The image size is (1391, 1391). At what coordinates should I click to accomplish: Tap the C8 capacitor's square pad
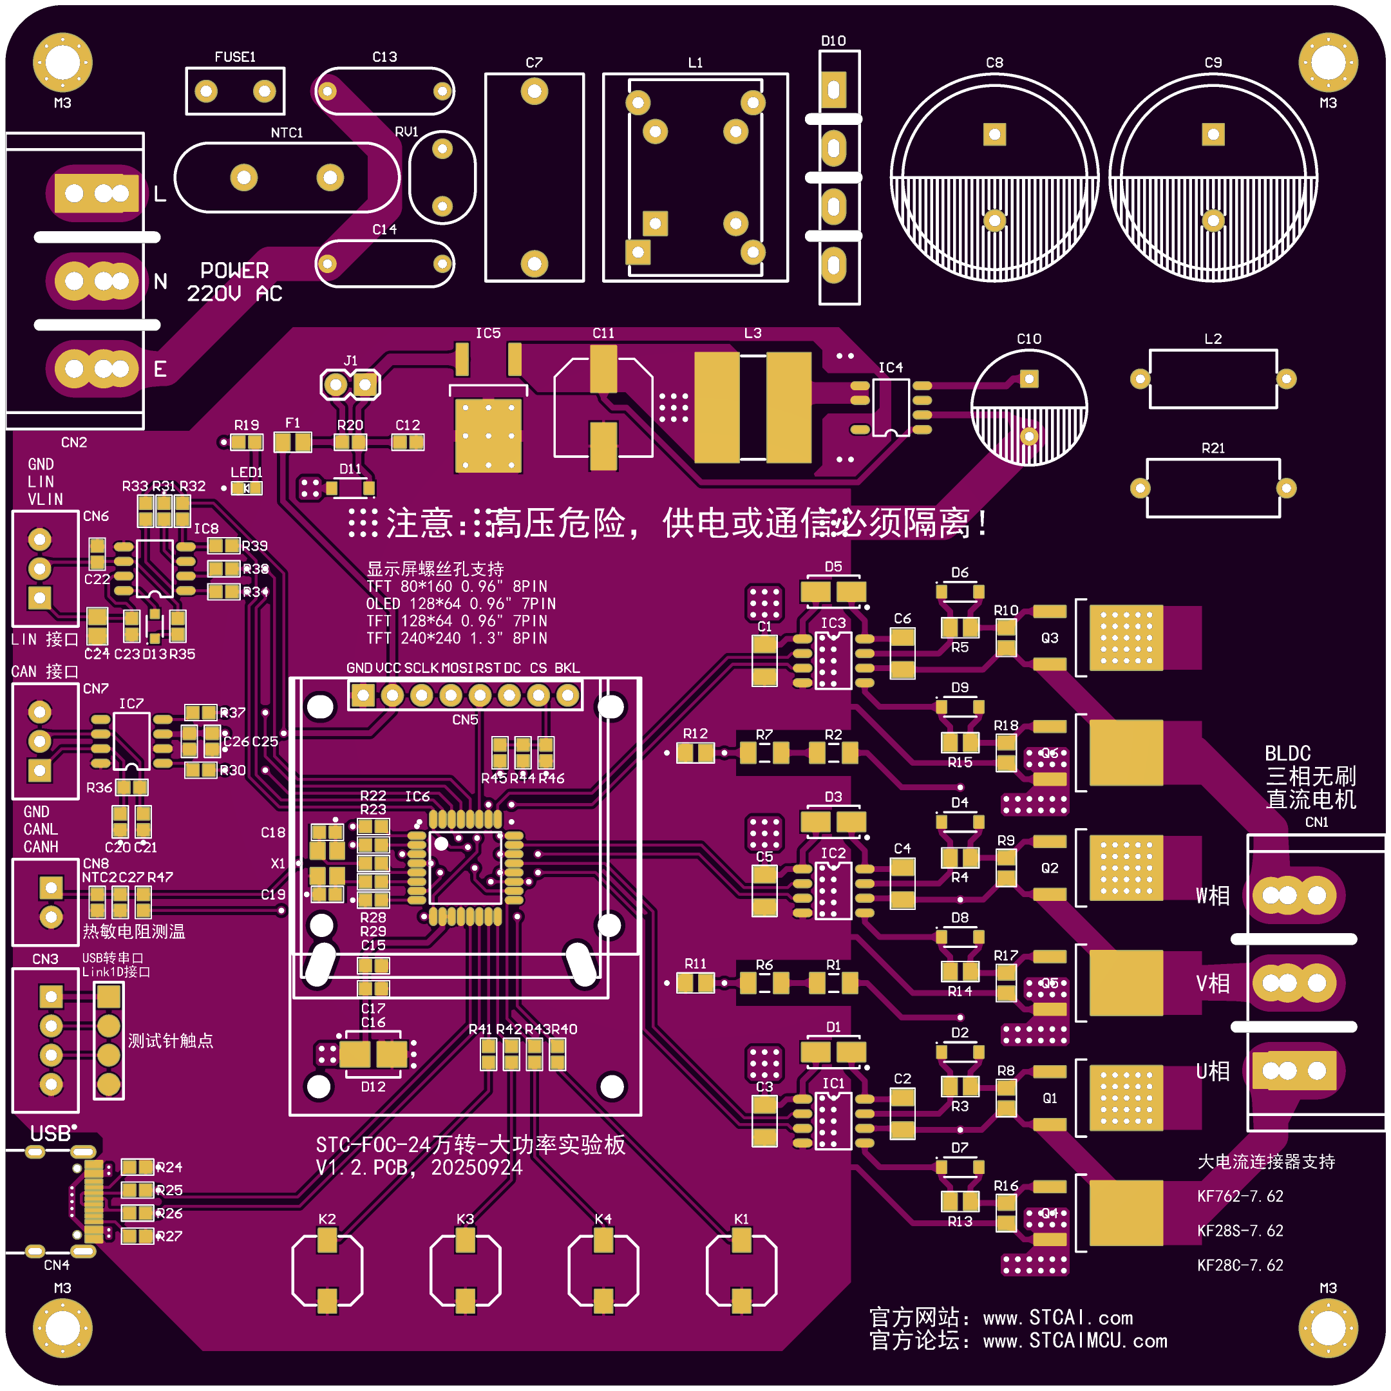click(x=994, y=134)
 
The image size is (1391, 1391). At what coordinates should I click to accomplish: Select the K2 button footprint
click(x=327, y=1270)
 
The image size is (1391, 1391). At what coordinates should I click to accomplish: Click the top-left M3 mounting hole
click(x=62, y=62)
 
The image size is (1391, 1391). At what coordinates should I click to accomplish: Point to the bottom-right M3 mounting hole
click(x=1328, y=1328)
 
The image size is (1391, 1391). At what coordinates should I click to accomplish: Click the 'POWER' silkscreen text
click(x=234, y=270)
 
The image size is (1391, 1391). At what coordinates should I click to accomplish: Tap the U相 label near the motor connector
click(x=1213, y=1072)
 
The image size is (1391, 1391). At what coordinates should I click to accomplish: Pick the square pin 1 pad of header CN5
click(x=362, y=695)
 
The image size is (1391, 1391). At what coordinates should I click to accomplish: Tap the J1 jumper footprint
click(x=350, y=384)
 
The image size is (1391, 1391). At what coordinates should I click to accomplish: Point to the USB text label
click(x=50, y=1134)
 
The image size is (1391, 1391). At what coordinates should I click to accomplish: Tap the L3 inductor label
click(x=752, y=334)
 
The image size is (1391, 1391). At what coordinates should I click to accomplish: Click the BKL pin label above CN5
click(x=567, y=668)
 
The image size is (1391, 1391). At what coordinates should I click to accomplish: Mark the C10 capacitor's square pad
click(x=1029, y=379)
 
